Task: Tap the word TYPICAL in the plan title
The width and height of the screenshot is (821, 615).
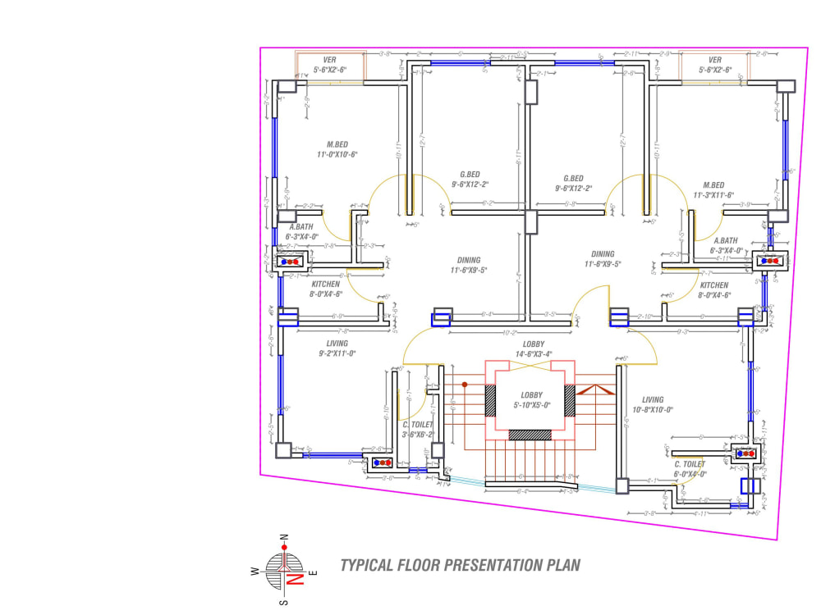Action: [x=367, y=565]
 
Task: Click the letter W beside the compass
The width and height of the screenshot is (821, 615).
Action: [x=256, y=572]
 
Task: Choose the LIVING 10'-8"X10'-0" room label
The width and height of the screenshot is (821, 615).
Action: [x=653, y=404]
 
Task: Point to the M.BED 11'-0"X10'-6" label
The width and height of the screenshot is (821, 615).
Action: [x=333, y=149]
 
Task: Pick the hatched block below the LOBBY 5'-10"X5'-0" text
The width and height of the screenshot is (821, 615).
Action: [x=530, y=435]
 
